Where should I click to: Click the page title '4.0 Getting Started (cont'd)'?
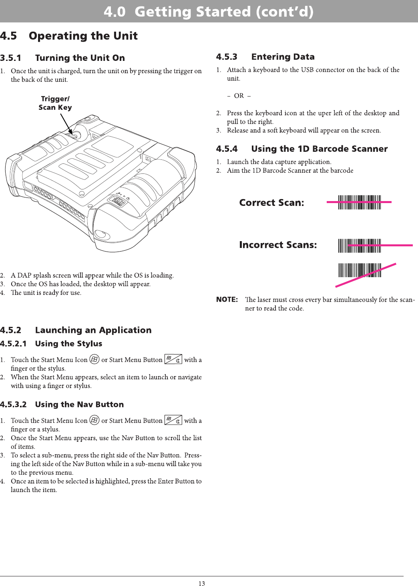tap(209, 12)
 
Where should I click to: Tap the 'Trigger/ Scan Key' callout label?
tap(55, 103)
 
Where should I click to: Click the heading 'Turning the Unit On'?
tap(80, 58)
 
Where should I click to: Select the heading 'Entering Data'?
tap(283, 57)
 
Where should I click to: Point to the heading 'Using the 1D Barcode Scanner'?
tap(319, 149)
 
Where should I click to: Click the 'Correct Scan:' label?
tap(271, 203)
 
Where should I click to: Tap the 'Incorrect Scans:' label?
tap(278, 245)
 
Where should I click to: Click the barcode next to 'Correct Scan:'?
tap(359, 202)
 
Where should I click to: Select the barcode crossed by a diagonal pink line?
tap(359, 270)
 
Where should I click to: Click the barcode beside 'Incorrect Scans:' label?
tap(359, 246)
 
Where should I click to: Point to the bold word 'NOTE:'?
tap(227, 300)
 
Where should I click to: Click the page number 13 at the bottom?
tap(202, 584)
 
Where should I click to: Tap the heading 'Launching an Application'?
tap(93, 330)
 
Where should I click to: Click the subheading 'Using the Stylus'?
tap(68, 344)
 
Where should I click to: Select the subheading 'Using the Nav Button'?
tap(79, 405)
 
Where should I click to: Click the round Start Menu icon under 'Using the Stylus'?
tap(94, 359)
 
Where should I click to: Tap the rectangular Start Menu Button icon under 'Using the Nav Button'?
tap(173, 420)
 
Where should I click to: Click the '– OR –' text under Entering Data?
tap(239, 96)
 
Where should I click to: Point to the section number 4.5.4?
tap(227, 149)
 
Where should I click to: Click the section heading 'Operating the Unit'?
tap(83, 36)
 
